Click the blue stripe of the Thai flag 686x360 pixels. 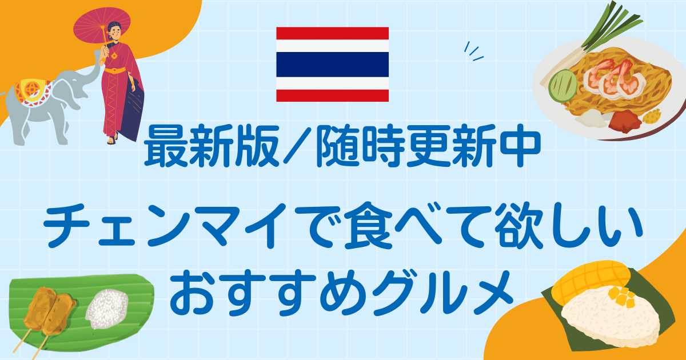point(332,64)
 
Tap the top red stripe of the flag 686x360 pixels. point(332,33)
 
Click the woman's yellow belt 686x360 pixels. point(115,70)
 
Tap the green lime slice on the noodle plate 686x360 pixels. point(563,85)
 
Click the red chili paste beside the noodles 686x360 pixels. point(625,122)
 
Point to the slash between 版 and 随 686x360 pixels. point(297,147)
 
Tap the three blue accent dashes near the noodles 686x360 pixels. point(473,52)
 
